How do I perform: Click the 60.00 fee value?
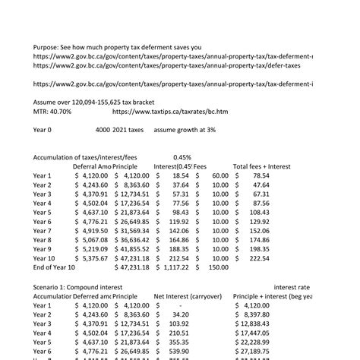(x=219, y=175)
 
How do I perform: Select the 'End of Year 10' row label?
(x=54, y=267)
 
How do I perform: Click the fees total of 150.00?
(x=217, y=267)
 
